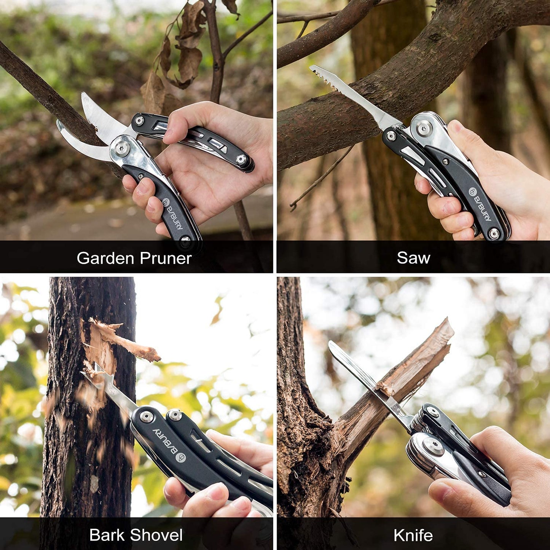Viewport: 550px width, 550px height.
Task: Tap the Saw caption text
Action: [x=413, y=258]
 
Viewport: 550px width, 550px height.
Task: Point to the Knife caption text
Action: [x=413, y=535]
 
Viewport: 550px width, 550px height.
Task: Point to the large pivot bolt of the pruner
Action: [x=122, y=149]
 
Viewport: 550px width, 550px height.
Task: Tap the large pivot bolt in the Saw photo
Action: [x=424, y=128]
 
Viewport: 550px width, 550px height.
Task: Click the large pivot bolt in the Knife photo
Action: [x=433, y=446]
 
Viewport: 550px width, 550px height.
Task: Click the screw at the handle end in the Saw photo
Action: [x=494, y=233]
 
